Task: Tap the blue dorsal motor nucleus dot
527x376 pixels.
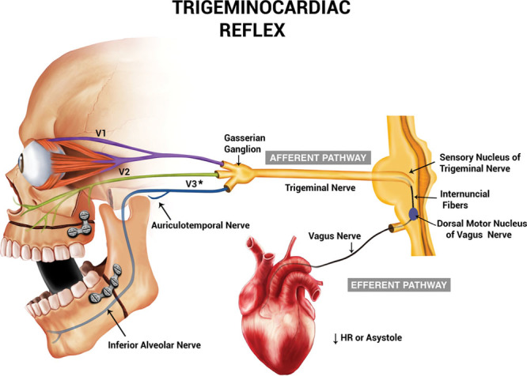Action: [415, 213]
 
